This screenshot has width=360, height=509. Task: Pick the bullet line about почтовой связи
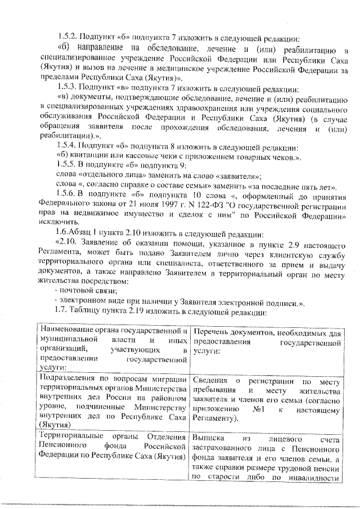85,291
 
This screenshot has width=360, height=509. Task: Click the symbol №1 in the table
259,409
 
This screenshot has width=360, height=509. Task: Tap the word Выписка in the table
209,437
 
